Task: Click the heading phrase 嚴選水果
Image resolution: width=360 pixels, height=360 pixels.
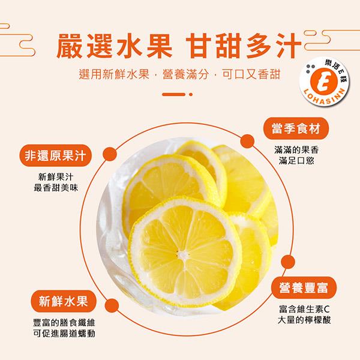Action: [x=114, y=46]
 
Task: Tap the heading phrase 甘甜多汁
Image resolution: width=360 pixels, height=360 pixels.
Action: [x=244, y=46]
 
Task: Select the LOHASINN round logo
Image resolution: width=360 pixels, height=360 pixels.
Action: [x=324, y=82]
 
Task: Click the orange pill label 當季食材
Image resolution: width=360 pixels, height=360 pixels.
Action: [x=296, y=128]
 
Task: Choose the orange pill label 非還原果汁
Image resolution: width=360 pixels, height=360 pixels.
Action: [x=55, y=155]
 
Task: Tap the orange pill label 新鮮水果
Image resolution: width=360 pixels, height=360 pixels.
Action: [x=64, y=301]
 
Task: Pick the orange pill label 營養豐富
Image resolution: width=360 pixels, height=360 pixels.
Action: [x=304, y=287]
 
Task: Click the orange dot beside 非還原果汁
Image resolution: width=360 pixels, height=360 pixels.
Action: [x=110, y=154]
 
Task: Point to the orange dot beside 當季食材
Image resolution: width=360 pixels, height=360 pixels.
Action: [x=247, y=142]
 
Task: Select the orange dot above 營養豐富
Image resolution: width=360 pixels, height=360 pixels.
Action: [x=287, y=262]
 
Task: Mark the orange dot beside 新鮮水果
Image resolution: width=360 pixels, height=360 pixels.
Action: [x=112, y=305]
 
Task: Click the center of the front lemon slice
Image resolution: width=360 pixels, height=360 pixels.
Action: [x=183, y=254]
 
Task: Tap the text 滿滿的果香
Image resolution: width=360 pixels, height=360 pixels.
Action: [x=296, y=150]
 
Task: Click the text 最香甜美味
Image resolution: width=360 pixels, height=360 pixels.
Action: [x=56, y=188]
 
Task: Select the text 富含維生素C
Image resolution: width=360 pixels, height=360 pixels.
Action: [x=304, y=309]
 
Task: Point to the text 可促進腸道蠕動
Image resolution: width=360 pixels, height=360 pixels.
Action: [x=64, y=334]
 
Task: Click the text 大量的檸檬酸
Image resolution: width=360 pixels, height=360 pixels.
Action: [x=304, y=320]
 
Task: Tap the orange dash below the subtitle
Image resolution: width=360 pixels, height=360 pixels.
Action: [x=173, y=94]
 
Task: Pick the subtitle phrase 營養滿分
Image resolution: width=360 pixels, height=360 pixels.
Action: [x=185, y=74]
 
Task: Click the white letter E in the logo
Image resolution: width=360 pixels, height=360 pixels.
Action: [x=324, y=82]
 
